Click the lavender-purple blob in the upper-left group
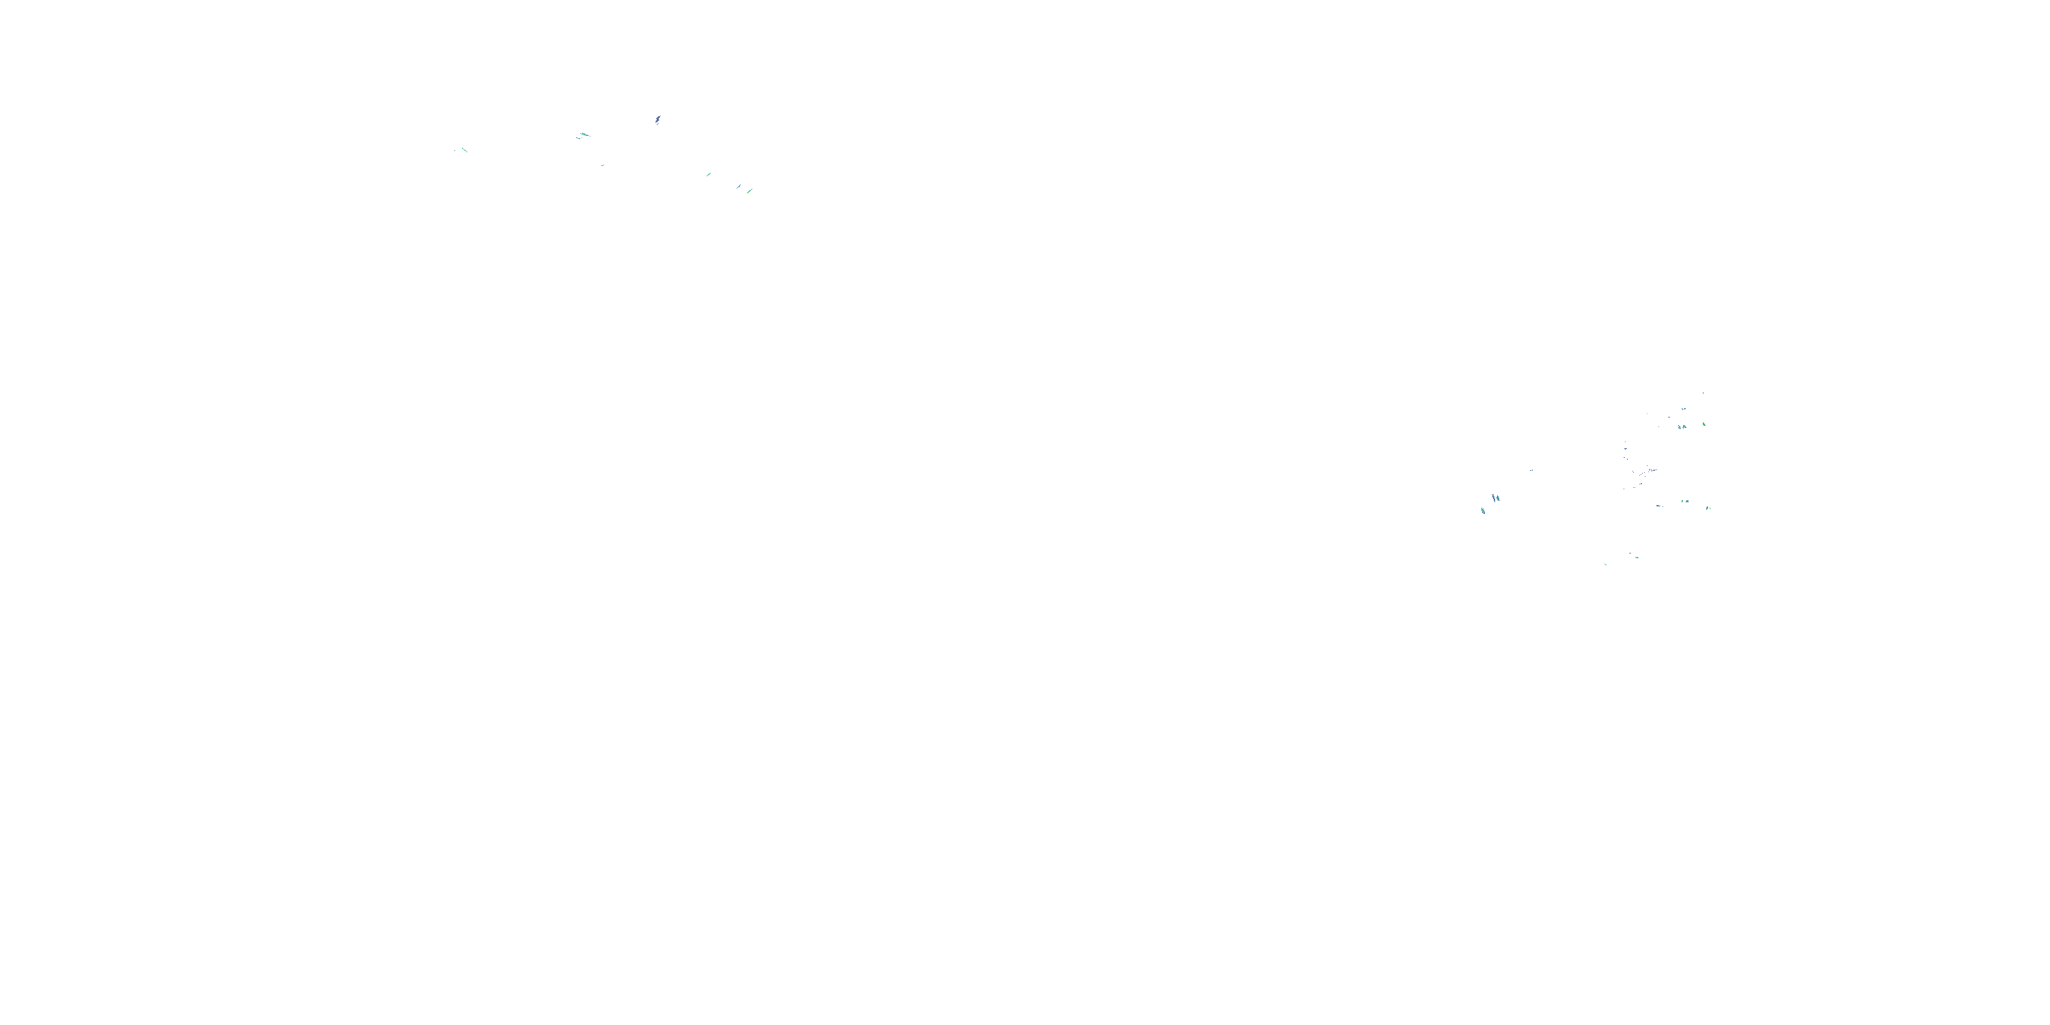coord(657,120)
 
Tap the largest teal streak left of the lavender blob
coord(584,135)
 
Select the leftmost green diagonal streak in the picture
coord(464,150)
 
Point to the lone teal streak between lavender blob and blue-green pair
coord(708,174)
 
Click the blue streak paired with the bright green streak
coord(739,187)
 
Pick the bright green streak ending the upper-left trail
coord(749,191)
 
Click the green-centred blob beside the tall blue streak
coord(1498,499)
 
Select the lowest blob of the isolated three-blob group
coord(1483,511)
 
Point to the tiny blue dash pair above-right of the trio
coord(1531,470)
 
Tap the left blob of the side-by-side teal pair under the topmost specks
coord(1679,427)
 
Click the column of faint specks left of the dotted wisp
coord(1626,454)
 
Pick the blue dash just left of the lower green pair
coord(1658,506)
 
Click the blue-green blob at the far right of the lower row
coord(1708,508)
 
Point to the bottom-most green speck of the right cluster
coord(1605,564)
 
